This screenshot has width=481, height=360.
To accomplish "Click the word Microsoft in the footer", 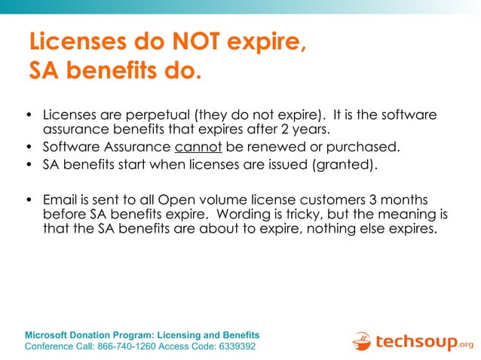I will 51,335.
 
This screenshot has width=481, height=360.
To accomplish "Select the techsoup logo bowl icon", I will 361,342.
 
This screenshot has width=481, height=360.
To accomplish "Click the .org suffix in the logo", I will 466,346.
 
